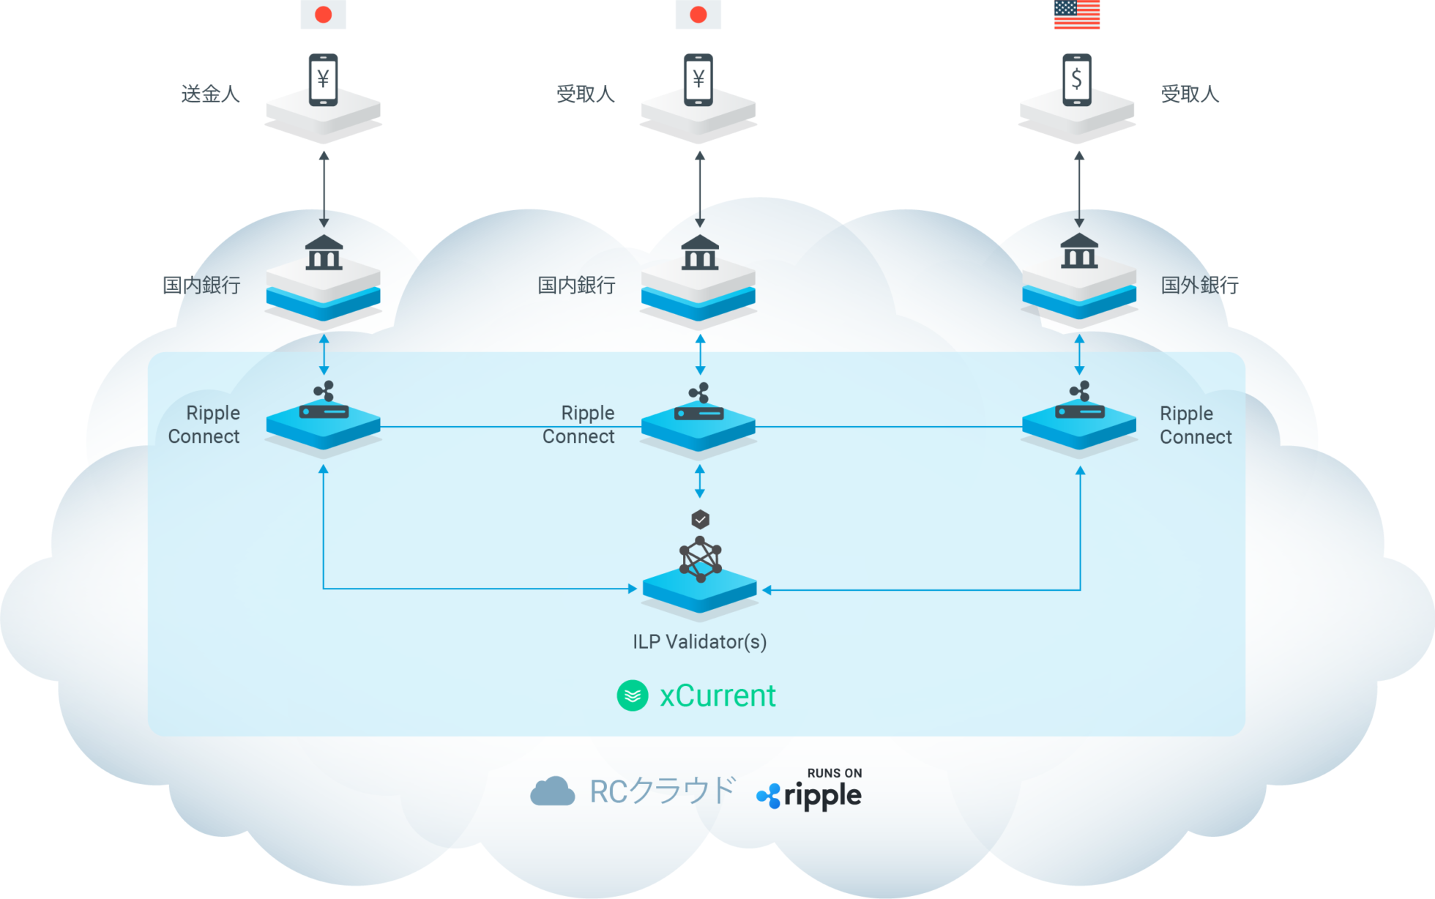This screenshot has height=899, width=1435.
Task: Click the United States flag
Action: coord(1076,15)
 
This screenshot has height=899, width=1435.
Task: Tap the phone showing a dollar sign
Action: coord(1076,80)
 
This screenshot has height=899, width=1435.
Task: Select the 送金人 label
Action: coord(211,94)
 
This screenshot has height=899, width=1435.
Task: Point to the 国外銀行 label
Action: coord(1199,285)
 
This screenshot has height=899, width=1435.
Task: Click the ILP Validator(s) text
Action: coord(699,642)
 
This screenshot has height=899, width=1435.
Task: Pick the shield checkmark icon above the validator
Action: coord(701,520)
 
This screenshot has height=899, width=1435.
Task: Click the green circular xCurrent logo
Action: coord(633,695)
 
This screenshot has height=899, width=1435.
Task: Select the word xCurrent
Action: coord(717,695)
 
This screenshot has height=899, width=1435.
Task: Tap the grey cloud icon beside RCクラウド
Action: coord(553,791)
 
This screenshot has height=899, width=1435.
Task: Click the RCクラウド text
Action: coord(662,791)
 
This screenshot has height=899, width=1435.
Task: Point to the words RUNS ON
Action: coord(835,773)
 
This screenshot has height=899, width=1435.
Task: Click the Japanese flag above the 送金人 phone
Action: coord(323,15)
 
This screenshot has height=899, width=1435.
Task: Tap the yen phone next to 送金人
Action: coord(323,80)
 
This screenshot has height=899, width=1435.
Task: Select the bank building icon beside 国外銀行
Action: coord(1079,251)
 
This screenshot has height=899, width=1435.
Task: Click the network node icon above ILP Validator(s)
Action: coord(701,559)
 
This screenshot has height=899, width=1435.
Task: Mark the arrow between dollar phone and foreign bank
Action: coord(1079,189)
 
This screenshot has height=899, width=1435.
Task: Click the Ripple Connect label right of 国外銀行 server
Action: coord(1196,425)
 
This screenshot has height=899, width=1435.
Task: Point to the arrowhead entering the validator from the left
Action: coord(633,589)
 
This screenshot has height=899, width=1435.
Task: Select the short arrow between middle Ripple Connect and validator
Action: coord(700,481)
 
